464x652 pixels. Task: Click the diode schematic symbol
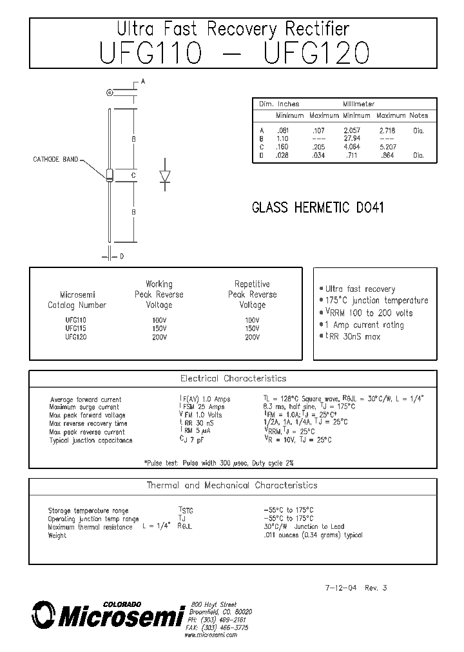coord(164,176)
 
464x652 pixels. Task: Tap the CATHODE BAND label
coord(55,159)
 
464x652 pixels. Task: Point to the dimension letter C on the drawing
coord(133,175)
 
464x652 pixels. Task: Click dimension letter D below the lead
coord(121,256)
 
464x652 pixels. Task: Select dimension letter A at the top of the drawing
coord(142,81)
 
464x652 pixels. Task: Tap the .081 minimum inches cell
coord(282,130)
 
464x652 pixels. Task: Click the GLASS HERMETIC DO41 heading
coord(318,208)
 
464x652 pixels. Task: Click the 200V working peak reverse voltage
coord(159,336)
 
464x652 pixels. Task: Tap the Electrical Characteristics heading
coord(233,378)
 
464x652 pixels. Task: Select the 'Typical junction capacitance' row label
coord(91,440)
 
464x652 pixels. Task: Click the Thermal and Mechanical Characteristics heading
coord(232,485)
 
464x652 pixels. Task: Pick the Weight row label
coord(57,535)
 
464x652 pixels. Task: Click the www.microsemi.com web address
coord(211,635)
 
